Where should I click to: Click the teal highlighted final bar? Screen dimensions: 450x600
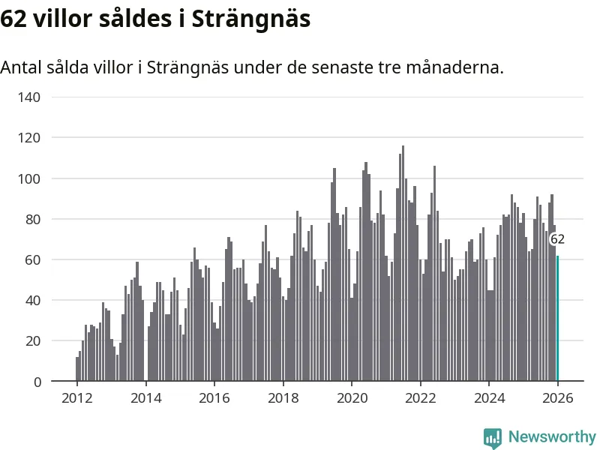click(557, 319)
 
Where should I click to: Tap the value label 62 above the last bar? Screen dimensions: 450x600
click(557, 239)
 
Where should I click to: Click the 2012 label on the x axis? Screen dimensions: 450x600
click(76, 398)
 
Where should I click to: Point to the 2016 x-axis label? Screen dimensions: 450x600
click(214, 398)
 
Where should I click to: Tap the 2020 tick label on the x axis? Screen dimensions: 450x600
click(352, 398)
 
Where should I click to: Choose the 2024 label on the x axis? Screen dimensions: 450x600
click(489, 398)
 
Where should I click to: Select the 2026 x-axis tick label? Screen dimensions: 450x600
click(557, 398)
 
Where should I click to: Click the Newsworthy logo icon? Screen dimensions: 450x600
click(493, 437)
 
